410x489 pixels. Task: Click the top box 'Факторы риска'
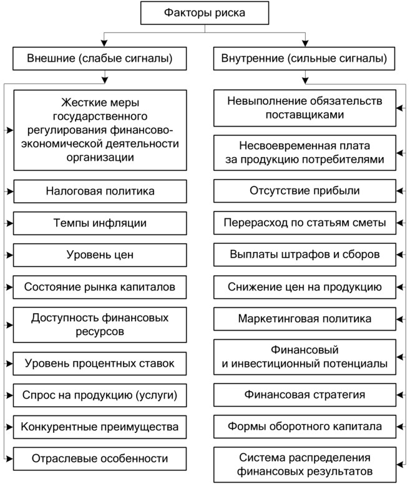(205, 13)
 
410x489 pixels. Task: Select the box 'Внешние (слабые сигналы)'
(100, 59)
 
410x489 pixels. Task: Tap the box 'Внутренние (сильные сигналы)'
(305, 59)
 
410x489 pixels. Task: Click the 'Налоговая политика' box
(100, 191)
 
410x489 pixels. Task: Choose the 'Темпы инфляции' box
(100, 223)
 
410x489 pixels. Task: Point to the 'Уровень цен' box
(100, 255)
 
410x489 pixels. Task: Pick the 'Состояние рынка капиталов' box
(100, 287)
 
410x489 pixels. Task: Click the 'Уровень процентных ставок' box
(100, 364)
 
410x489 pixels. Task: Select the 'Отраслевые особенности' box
(100, 459)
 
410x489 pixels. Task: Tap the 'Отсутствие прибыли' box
(305, 191)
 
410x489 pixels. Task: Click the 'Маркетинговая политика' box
(305, 319)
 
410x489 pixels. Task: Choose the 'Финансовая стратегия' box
(305, 395)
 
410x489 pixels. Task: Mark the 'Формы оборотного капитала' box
(305, 427)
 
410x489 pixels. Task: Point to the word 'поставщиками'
(305, 115)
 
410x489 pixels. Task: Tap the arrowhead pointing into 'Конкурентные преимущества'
(10, 427)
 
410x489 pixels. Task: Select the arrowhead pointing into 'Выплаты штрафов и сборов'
(399, 254)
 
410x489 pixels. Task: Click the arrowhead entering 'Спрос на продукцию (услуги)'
(10, 395)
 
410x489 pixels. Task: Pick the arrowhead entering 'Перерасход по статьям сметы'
(399, 223)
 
